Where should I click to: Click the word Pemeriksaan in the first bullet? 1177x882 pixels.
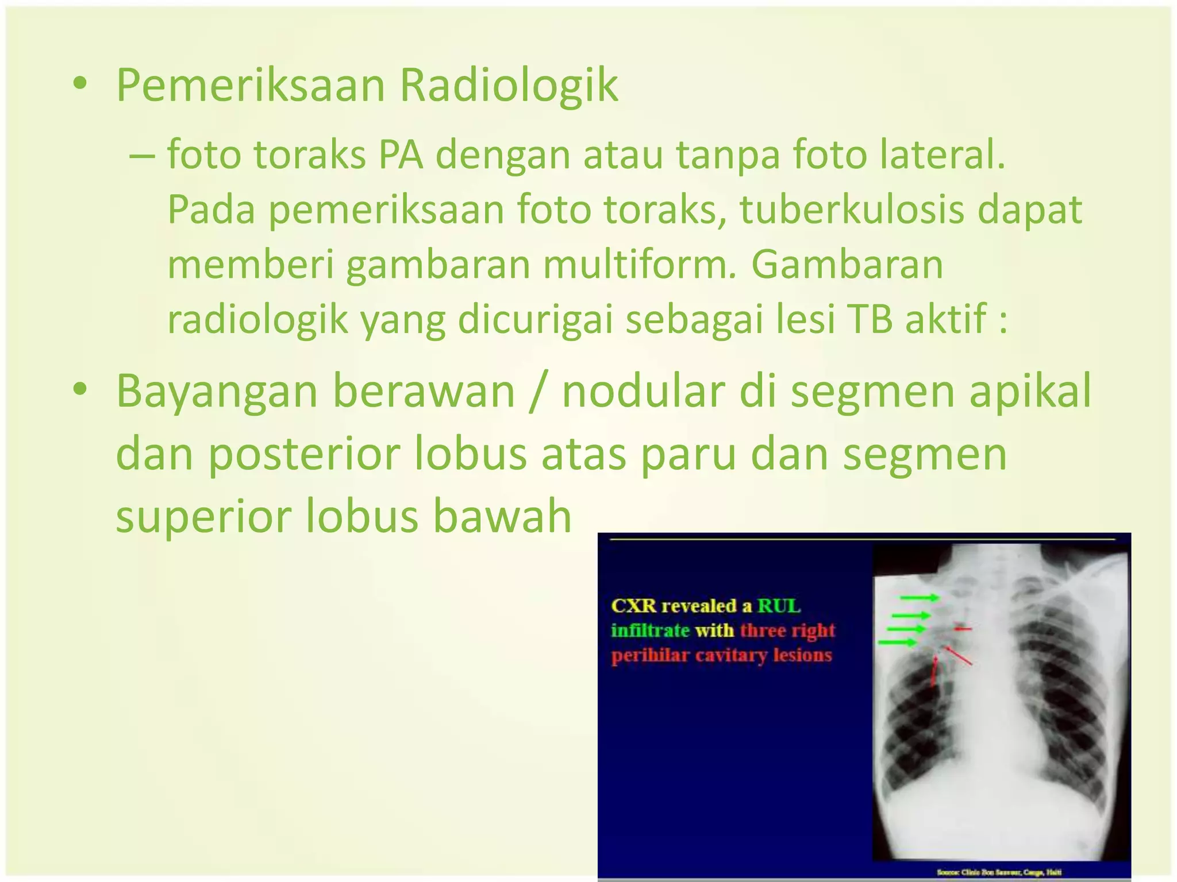click(251, 86)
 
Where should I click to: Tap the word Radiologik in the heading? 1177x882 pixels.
click(509, 86)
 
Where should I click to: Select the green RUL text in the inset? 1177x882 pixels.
click(779, 606)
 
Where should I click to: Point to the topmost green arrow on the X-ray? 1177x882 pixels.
click(918, 598)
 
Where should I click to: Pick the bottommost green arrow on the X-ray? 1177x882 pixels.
click(898, 642)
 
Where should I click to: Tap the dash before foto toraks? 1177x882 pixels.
click(142, 156)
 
